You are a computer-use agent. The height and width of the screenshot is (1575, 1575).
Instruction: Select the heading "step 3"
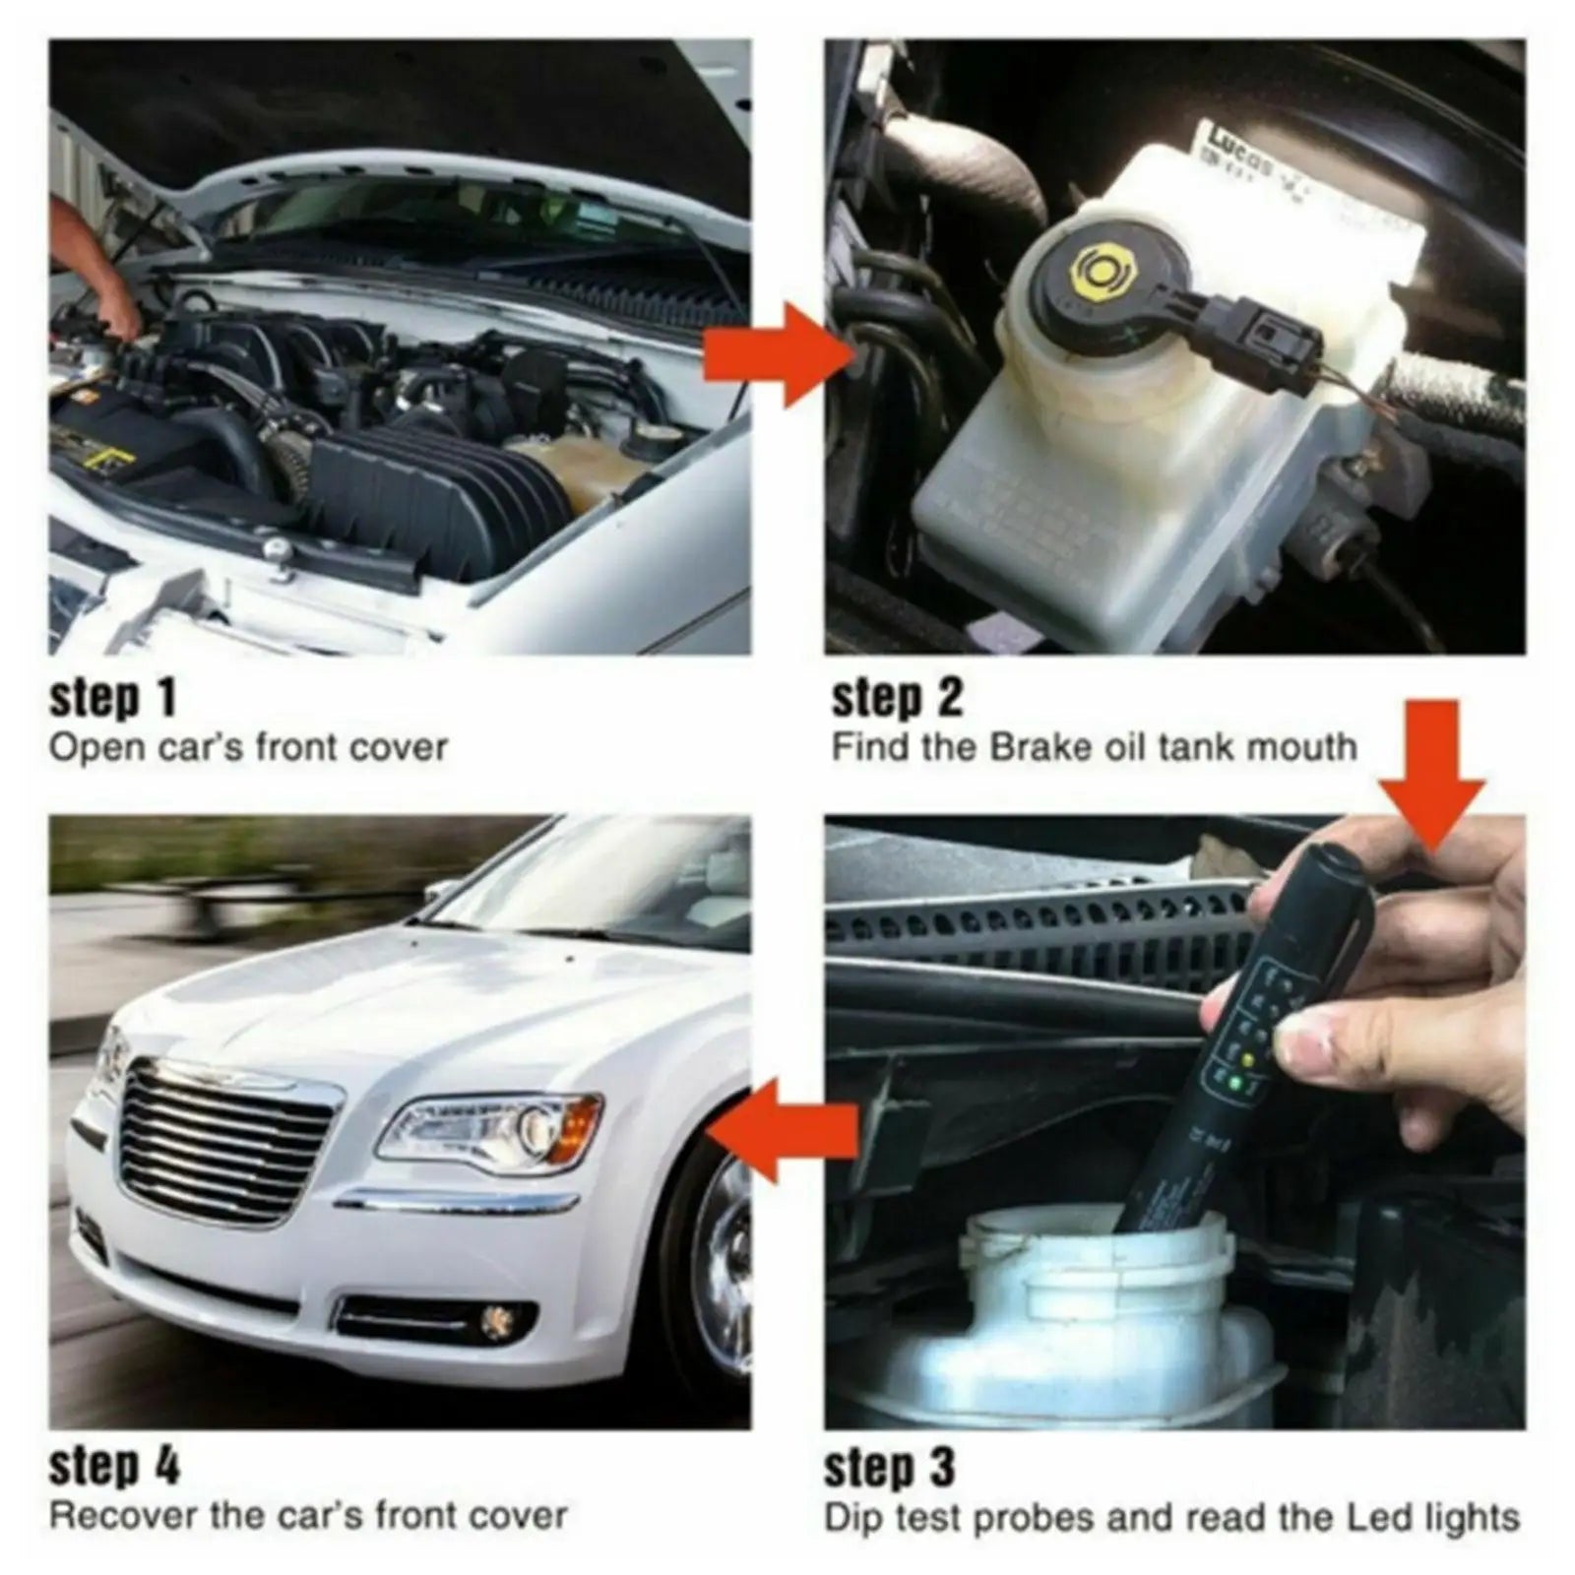tap(889, 1467)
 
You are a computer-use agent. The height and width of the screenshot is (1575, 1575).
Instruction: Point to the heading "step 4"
tap(114, 1467)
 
